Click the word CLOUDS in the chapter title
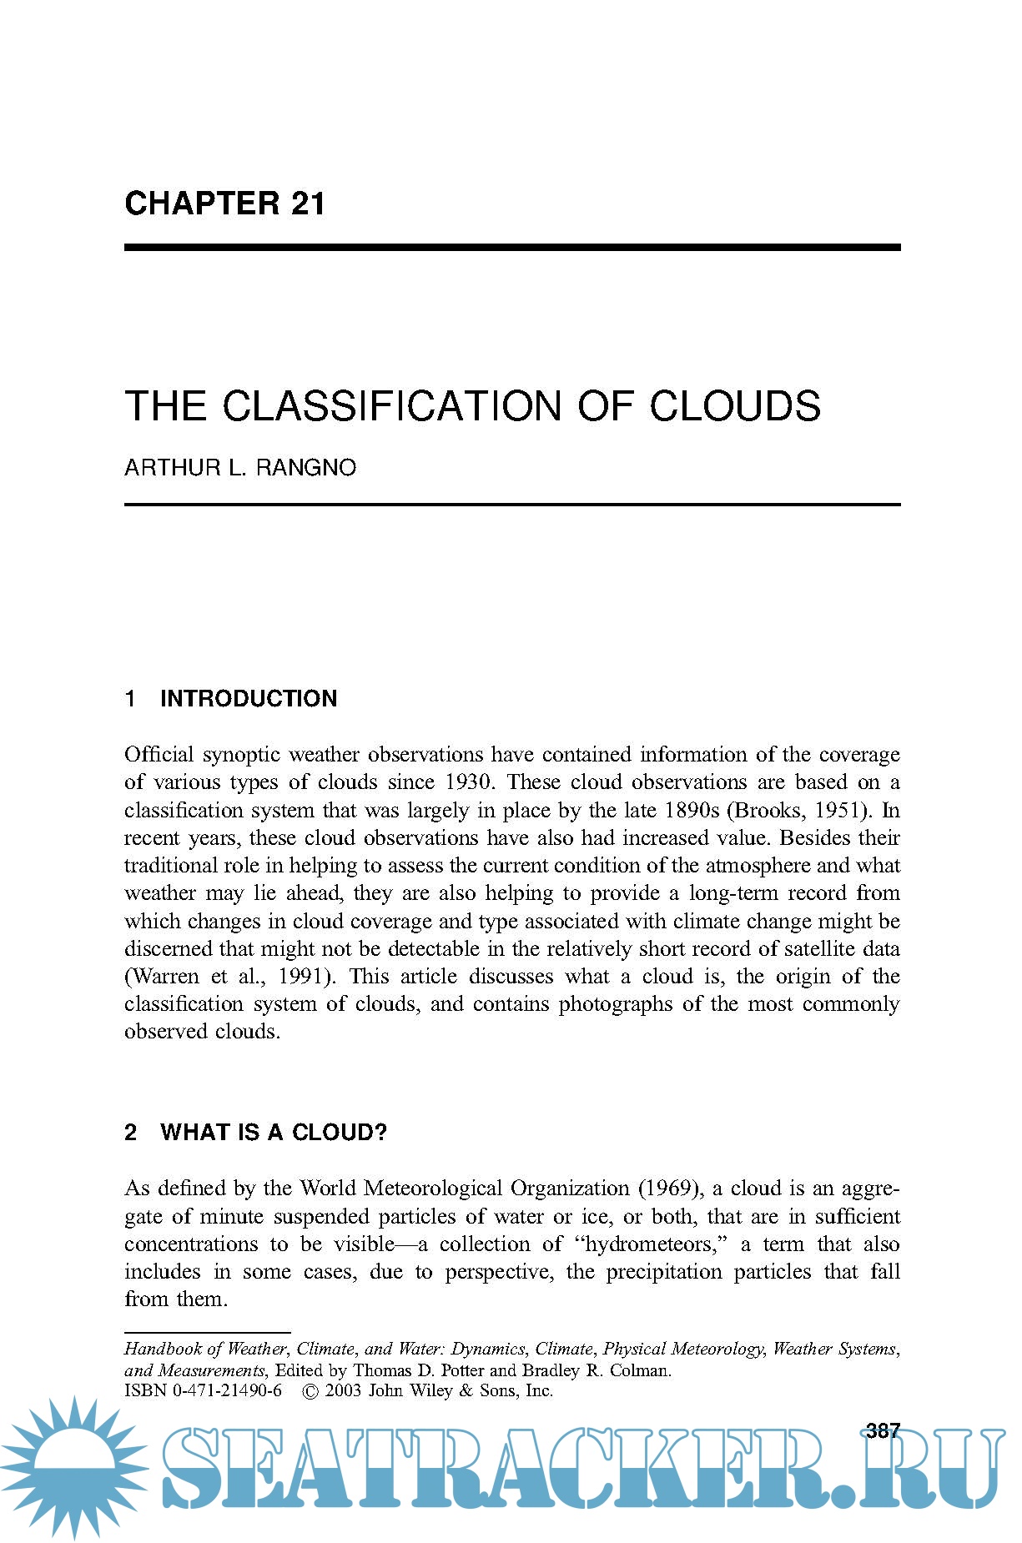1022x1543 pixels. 735,406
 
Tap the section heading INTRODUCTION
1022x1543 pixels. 249,699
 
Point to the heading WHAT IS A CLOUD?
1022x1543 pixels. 274,1133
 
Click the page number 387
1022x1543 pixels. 883,1431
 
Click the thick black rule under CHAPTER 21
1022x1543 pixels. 512,248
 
